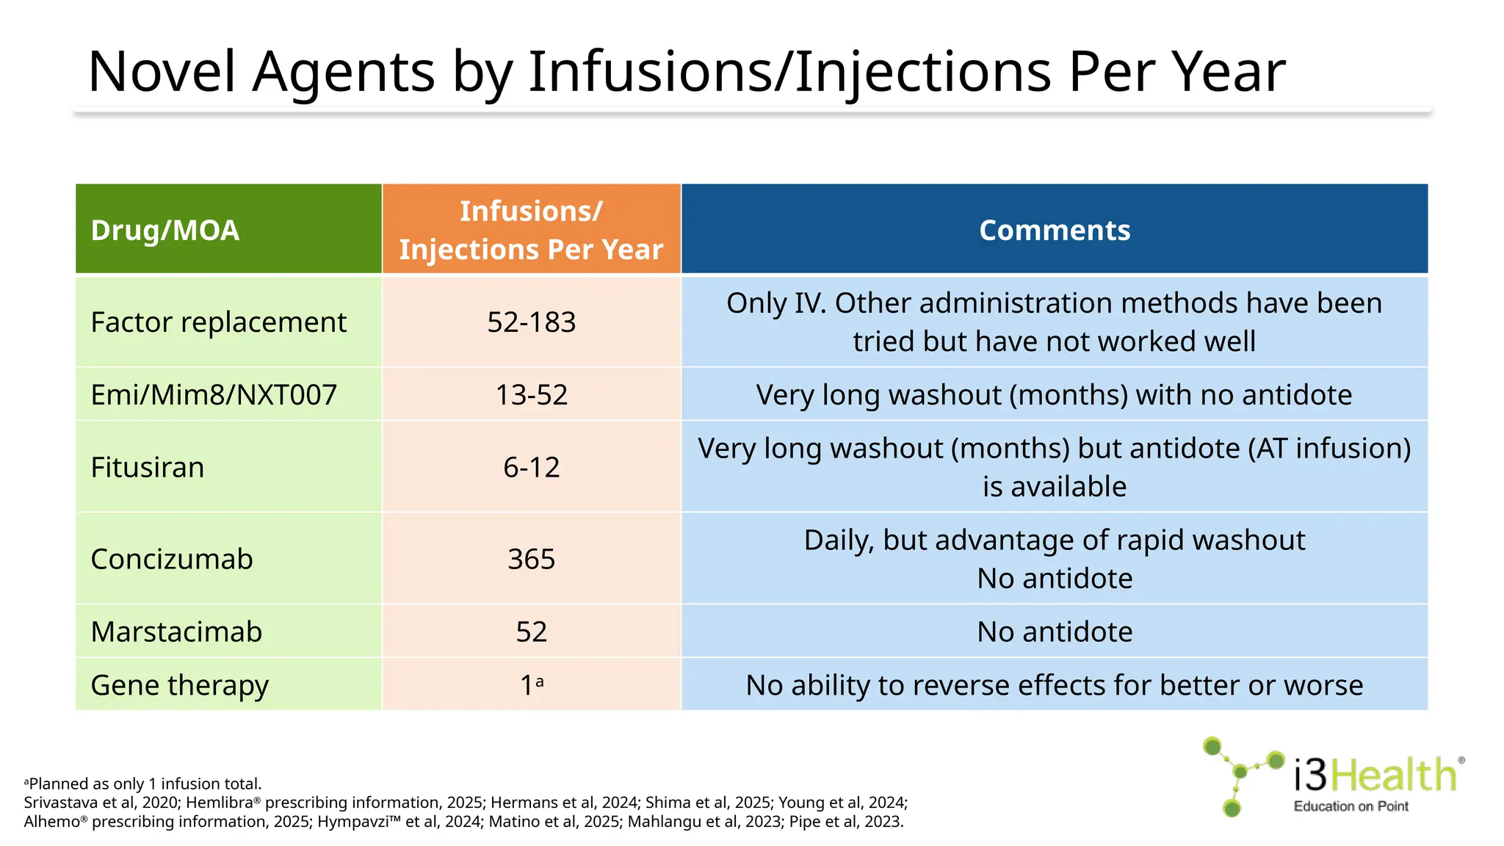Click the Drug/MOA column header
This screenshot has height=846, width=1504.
pyautogui.click(x=165, y=231)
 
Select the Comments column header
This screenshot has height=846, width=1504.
pyautogui.click(x=1055, y=231)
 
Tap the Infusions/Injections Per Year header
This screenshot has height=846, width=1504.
pyautogui.click(x=531, y=231)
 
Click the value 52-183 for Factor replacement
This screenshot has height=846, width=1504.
pyautogui.click(x=531, y=322)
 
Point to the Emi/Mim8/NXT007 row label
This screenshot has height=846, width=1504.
pyautogui.click(x=214, y=395)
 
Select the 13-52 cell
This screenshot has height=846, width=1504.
pyautogui.click(x=531, y=395)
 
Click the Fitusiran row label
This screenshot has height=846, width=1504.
pyautogui.click(x=148, y=468)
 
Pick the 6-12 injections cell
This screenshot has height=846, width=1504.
pyautogui.click(x=531, y=468)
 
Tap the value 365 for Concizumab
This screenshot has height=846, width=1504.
pyautogui.click(x=531, y=560)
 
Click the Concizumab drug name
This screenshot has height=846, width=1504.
pyautogui.click(x=172, y=560)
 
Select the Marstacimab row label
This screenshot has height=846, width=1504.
pyautogui.click(x=176, y=632)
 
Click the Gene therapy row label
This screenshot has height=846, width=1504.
pyautogui.click(x=180, y=686)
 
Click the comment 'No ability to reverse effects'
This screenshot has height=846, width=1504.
pyautogui.click(x=1055, y=686)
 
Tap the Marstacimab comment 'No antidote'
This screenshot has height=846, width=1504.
pyautogui.click(x=1055, y=632)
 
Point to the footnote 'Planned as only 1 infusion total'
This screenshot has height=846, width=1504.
pyautogui.click(x=144, y=784)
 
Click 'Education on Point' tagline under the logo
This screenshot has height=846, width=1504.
pyautogui.click(x=1351, y=806)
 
